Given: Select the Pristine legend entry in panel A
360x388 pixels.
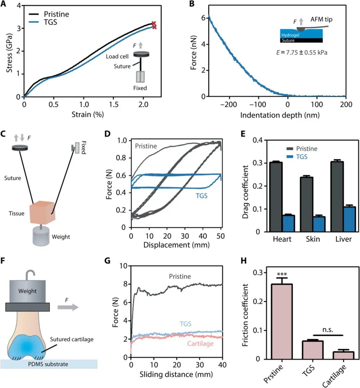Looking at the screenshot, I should tap(56, 14).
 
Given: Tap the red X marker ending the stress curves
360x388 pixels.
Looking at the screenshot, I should tap(154, 25).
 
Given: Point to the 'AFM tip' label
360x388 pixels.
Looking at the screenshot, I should tap(321, 19).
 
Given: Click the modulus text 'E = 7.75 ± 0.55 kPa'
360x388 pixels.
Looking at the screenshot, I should tap(302, 52).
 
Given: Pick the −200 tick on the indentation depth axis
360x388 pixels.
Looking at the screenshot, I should tap(229, 105).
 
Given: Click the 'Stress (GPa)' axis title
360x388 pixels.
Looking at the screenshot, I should tap(9, 53).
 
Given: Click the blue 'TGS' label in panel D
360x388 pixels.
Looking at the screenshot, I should tap(201, 196).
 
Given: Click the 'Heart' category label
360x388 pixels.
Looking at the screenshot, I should tap(282, 239).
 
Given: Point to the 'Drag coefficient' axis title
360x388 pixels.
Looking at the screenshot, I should tap(246, 192).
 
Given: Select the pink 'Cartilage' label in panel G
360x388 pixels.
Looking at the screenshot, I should tap(200, 344).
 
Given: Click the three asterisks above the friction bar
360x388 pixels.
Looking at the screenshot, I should tap(282, 274).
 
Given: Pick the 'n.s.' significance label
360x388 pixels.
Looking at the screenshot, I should tap(328, 329).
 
